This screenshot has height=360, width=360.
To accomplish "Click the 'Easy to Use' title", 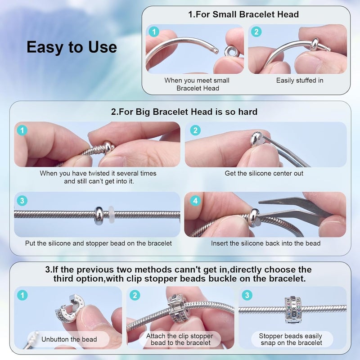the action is (x=72, y=47).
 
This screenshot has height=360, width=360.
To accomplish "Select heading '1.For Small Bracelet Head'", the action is (x=243, y=14).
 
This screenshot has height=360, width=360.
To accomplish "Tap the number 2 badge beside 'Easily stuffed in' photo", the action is (x=256, y=31).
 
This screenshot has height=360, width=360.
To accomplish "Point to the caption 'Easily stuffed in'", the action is (x=300, y=81).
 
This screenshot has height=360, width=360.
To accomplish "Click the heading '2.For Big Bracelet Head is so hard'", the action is (x=184, y=112).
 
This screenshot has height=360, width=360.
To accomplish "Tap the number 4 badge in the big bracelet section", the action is (x=195, y=201).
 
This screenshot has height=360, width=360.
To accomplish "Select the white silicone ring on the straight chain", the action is (x=111, y=215).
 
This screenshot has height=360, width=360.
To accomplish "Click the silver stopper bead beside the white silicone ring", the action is (x=99, y=216).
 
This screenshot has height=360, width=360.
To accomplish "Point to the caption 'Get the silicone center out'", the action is (x=264, y=173).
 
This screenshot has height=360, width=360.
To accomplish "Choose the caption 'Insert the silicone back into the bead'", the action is (x=265, y=243).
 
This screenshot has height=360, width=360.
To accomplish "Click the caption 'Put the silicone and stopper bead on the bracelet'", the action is (x=98, y=243).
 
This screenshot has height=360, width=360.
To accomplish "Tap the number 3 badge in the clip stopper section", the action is (x=247, y=295).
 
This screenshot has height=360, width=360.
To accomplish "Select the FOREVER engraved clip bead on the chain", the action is (x=292, y=310).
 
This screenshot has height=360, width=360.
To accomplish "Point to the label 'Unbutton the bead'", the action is (x=69, y=339).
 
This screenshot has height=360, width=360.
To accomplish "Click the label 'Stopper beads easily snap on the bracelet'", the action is (x=291, y=339).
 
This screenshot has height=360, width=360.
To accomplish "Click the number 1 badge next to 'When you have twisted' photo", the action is (x=22, y=130).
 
